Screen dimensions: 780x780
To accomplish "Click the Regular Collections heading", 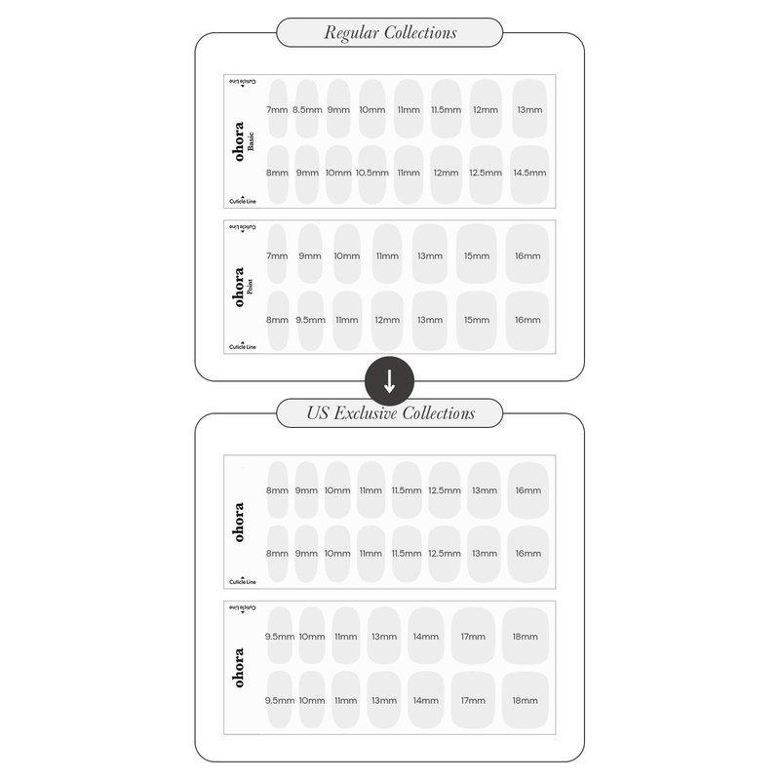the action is (x=390, y=33).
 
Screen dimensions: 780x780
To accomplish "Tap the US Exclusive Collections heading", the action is (x=391, y=413).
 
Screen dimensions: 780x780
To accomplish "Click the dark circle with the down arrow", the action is (x=389, y=381).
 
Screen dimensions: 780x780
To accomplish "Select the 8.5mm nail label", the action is (x=307, y=110).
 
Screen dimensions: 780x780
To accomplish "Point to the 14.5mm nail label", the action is (x=529, y=174).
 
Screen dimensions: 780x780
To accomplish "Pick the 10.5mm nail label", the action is (x=372, y=174).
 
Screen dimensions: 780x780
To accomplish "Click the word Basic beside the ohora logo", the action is (x=251, y=140).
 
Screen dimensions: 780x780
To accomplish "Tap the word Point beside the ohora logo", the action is (x=250, y=287).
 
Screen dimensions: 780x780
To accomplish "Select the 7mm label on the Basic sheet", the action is (x=277, y=110).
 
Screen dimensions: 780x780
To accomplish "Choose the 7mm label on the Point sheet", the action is (x=277, y=256).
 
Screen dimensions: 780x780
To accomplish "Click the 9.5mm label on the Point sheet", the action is (x=310, y=321).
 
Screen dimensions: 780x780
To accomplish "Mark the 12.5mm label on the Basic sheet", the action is (x=486, y=174).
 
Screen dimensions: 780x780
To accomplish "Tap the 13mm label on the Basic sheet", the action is (x=529, y=110).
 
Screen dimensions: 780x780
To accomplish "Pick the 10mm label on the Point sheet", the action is (x=347, y=256).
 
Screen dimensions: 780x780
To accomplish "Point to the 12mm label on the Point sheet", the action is (x=387, y=321).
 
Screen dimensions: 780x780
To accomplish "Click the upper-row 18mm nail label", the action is (x=526, y=637).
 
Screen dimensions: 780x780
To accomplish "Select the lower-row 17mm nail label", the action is (x=473, y=701).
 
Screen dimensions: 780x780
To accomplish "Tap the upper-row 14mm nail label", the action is (x=426, y=637).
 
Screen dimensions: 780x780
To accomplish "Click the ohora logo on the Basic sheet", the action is (x=239, y=141).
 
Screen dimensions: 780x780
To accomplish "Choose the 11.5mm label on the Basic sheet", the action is (x=447, y=110).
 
